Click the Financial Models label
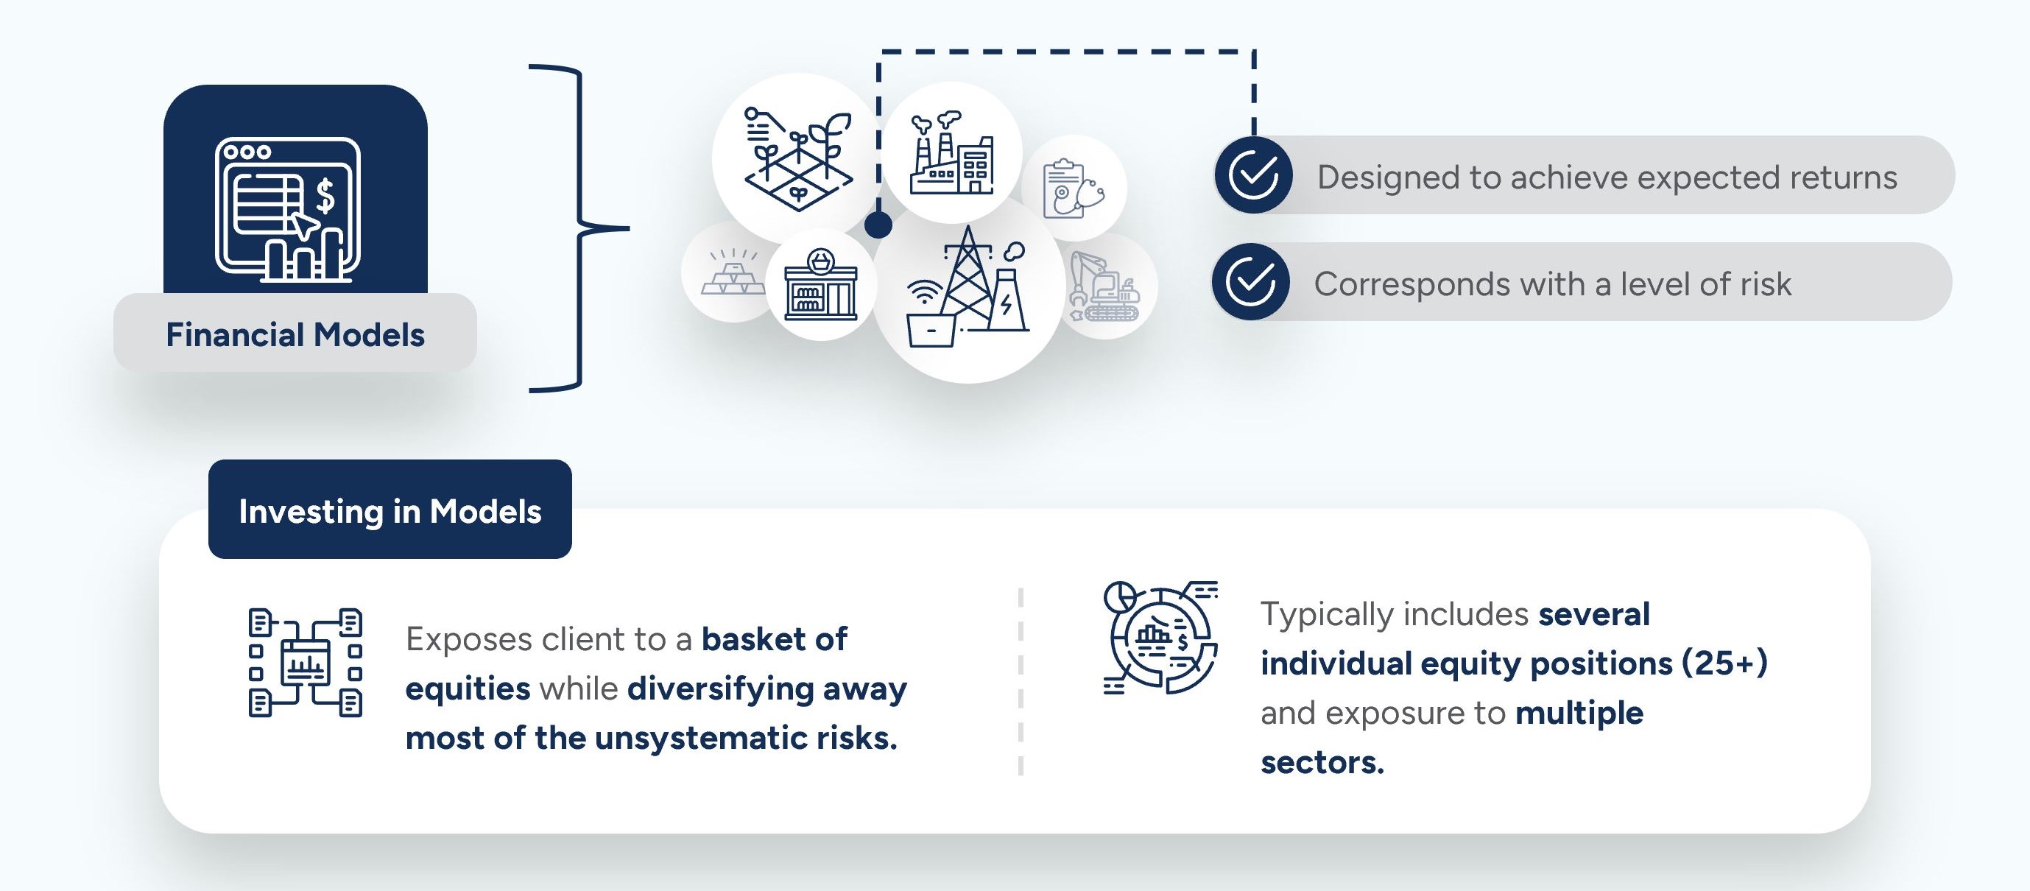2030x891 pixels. coord(295,335)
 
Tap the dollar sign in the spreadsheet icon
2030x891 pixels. coord(324,195)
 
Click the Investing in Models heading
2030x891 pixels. coord(390,510)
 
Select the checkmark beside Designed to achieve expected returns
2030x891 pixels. coord(1253,175)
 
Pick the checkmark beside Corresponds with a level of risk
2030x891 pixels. coord(1251,282)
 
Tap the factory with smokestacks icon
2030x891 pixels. coord(951,153)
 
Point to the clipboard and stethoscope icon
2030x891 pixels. coord(1073,189)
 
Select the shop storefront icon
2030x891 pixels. coord(820,285)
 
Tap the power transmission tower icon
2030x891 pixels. coord(968,289)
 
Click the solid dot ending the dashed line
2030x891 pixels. coord(878,225)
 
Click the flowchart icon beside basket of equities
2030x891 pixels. coord(305,663)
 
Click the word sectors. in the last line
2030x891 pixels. coord(1322,762)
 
